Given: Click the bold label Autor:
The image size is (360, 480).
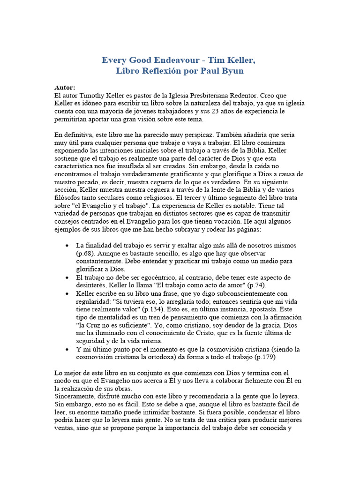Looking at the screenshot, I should click(x=65, y=87).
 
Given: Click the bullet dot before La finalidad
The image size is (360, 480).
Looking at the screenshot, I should click(x=68, y=246).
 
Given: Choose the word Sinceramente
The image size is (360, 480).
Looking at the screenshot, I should click(x=76, y=397).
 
